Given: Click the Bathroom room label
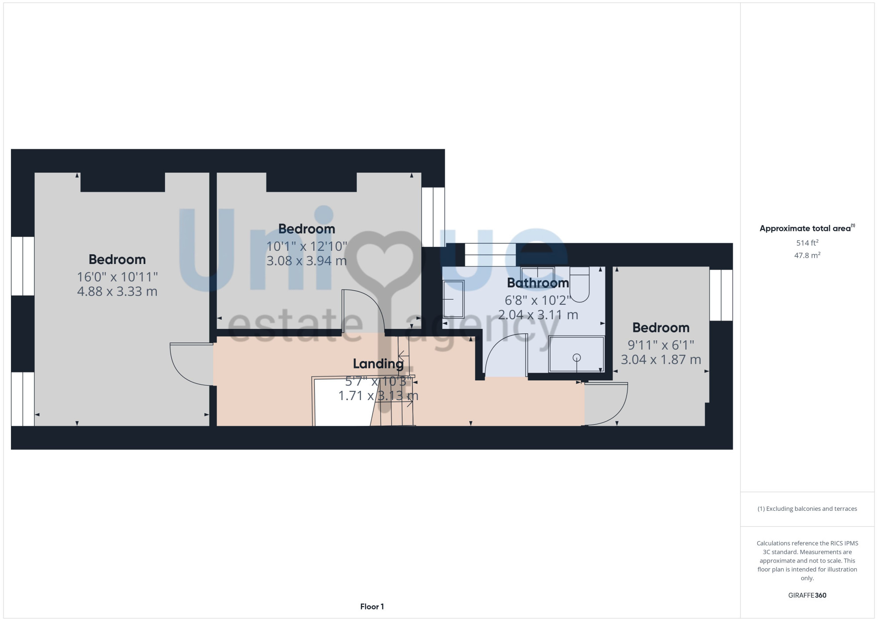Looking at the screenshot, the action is tap(538, 283).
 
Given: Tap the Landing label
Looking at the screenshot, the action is tap(378, 364).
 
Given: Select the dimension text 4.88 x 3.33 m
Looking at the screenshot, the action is tap(117, 292).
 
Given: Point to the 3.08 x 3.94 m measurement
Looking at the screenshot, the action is tap(306, 261).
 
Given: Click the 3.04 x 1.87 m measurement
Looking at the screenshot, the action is tap(661, 360).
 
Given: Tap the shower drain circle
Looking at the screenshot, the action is tap(577, 357).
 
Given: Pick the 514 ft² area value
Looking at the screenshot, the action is tap(807, 243).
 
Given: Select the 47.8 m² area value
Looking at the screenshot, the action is tap(807, 255).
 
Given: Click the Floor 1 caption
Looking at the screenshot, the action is tap(372, 607).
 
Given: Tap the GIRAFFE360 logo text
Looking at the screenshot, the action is tap(807, 596).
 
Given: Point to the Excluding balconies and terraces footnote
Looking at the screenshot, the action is tap(807, 509).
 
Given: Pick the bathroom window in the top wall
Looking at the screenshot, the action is tap(490, 255).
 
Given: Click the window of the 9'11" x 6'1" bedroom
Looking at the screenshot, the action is tap(721, 295).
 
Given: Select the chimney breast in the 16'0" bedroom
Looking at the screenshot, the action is tap(123, 182).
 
